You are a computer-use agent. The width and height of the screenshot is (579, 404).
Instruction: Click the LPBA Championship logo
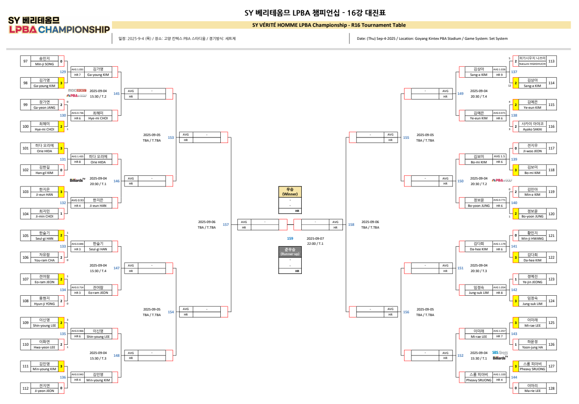click(x=59, y=26)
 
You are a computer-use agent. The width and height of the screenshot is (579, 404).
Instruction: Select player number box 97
click(x=25, y=61)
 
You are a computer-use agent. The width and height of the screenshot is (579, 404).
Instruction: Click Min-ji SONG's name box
click(x=44, y=61)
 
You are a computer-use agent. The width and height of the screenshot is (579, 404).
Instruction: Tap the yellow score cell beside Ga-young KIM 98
click(x=61, y=83)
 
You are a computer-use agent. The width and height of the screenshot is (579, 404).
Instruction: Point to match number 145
click(x=117, y=93)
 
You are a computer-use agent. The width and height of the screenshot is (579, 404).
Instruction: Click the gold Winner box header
click(x=290, y=192)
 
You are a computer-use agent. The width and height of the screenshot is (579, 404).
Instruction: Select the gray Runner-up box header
click(x=290, y=252)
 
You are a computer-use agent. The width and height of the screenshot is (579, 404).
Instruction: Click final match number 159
click(x=290, y=238)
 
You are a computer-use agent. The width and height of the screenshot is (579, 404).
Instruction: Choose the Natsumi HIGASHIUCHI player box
click(x=532, y=61)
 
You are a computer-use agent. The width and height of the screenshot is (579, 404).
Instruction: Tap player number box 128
click(x=551, y=388)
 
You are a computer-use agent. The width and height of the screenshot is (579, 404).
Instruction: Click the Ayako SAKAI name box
click(x=532, y=126)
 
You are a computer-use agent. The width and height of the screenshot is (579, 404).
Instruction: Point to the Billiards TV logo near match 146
click(x=78, y=180)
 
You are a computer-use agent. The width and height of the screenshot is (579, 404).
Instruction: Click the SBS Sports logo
click(x=500, y=352)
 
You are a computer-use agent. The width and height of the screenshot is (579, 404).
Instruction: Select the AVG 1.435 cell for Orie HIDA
click(x=77, y=156)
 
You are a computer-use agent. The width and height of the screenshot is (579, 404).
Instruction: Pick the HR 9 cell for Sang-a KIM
click(x=499, y=75)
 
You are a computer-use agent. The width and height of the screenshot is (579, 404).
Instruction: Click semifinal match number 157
click(x=226, y=224)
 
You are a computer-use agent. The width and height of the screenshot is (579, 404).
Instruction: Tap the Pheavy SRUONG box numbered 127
click(x=532, y=367)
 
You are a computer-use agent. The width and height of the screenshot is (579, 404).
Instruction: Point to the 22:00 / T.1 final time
click(x=315, y=243)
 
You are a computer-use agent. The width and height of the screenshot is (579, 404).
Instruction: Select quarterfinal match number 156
click(x=406, y=312)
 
